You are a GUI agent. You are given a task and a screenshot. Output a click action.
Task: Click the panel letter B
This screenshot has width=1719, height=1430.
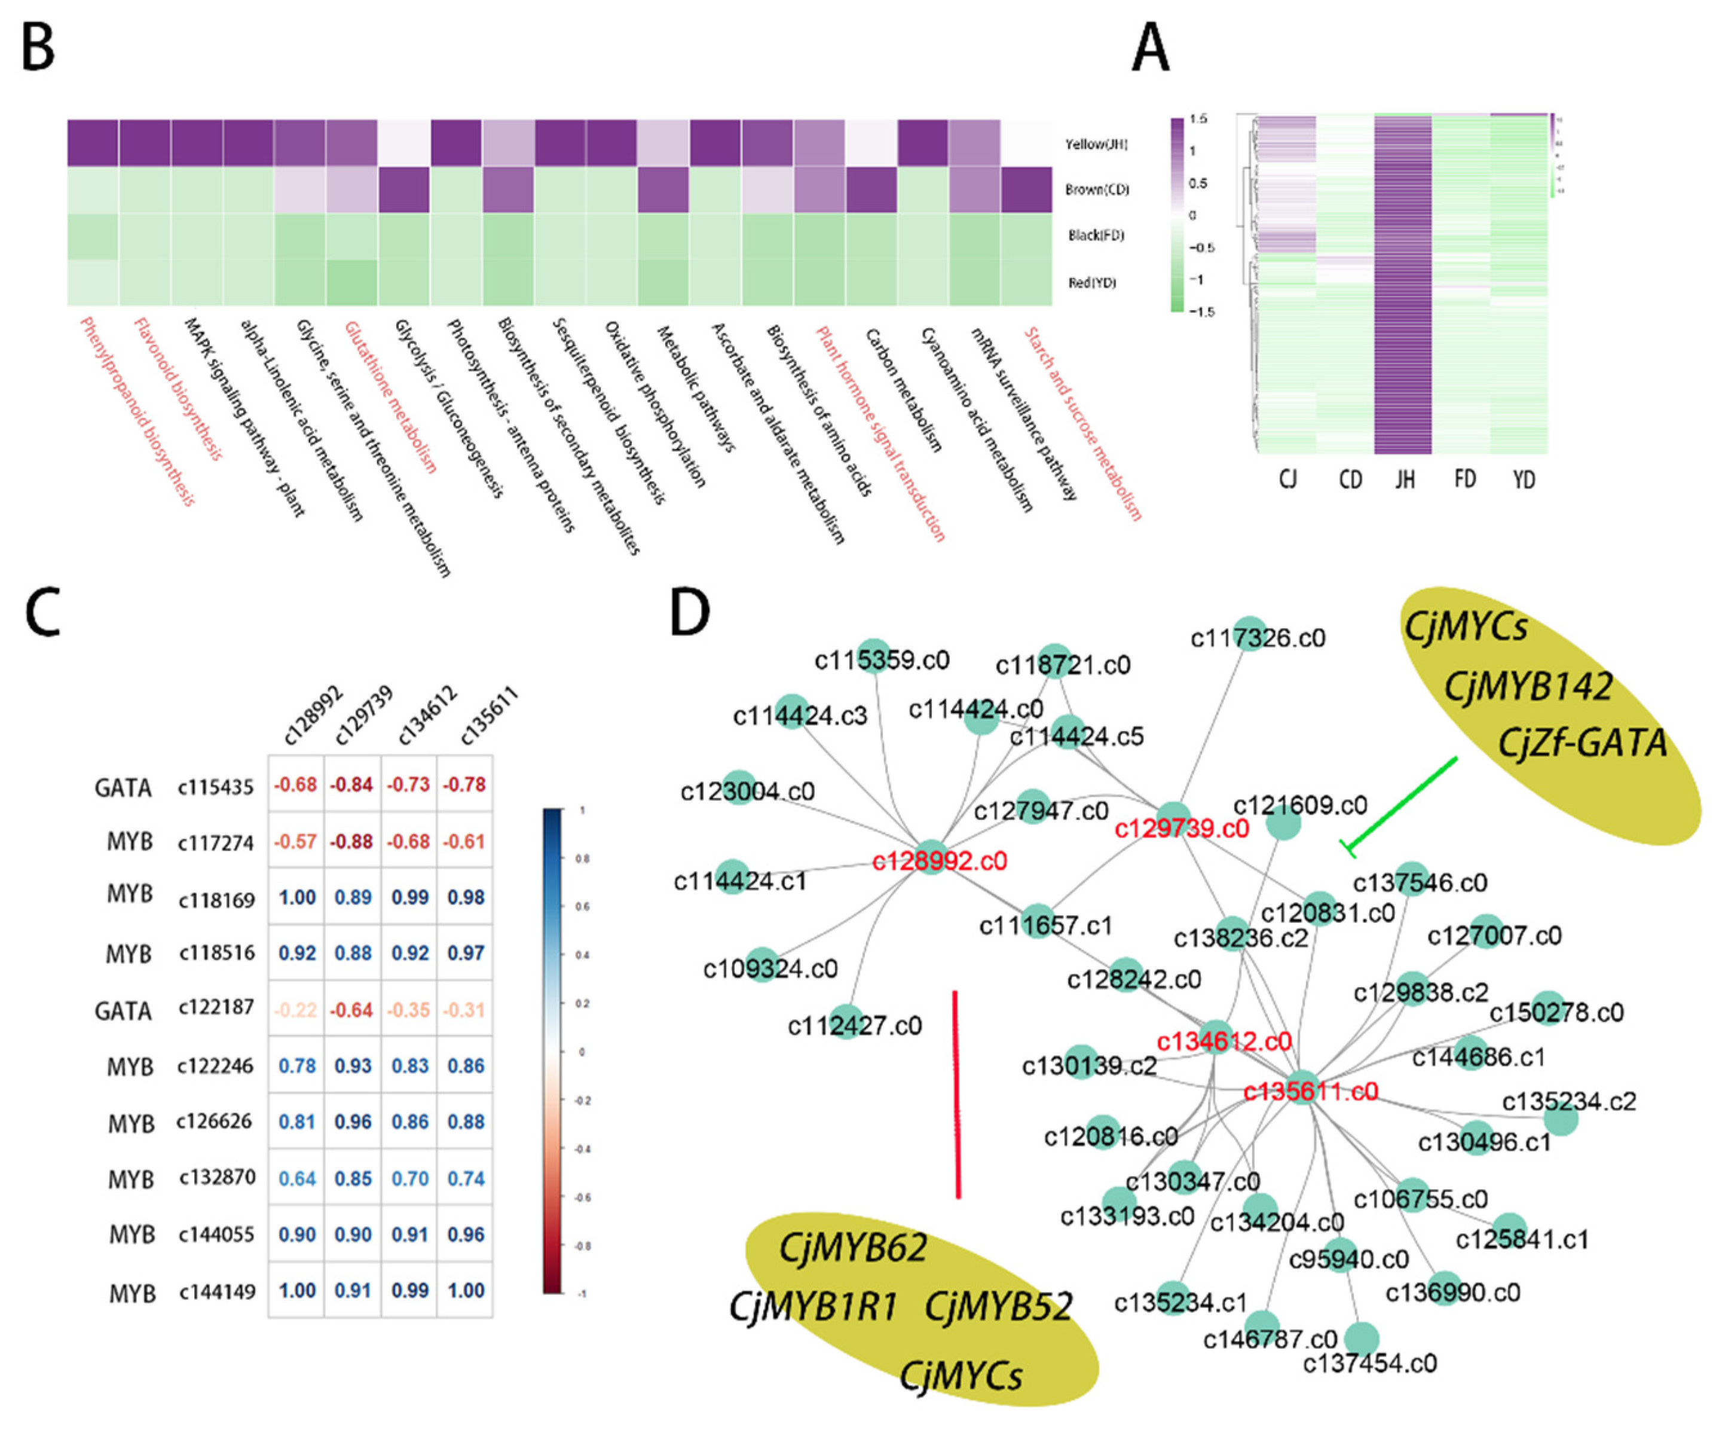tap(38, 47)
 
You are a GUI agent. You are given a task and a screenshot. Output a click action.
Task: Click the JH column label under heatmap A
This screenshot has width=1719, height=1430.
tap(1405, 479)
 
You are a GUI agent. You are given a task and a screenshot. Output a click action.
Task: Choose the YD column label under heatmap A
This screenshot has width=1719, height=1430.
tap(1524, 479)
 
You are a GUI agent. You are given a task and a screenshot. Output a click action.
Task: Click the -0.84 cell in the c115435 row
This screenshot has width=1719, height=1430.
tap(352, 785)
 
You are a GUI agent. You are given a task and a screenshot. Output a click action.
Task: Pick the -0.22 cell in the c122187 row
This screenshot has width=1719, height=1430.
tap(295, 1010)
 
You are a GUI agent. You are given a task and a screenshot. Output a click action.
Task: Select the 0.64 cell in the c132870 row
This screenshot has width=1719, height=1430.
tap(295, 1179)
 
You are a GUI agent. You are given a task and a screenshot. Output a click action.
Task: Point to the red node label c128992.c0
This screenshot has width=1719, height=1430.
tap(939, 861)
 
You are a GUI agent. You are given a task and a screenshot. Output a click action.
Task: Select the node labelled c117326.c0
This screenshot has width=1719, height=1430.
tap(1250, 634)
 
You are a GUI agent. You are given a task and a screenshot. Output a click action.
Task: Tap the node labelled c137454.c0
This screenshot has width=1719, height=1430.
tap(1362, 1340)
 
